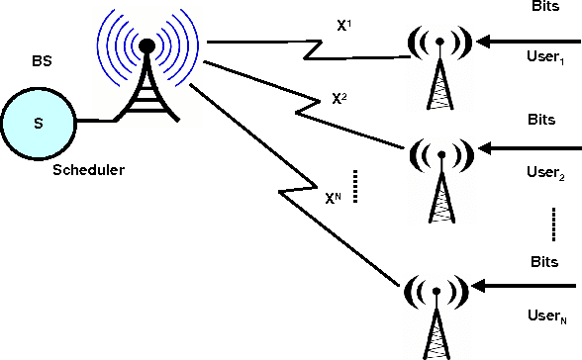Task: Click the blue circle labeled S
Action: pyautogui.click(x=39, y=123)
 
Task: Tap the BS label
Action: pyautogui.click(x=40, y=61)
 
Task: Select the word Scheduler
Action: pyautogui.click(x=89, y=170)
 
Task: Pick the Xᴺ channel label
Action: pyautogui.click(x=335, y=197)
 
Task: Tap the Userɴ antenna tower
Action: pyautogui.click(x=436, y=307)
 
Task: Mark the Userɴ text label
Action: pyautogui.click(x=547, y=316)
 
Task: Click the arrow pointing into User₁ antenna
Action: pyautogui.click(x=525, y=43)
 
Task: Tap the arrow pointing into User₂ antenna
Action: pyautogui.click(x=525, y=148)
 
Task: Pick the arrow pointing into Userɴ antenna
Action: pyautogui.click(x=525, y=288)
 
